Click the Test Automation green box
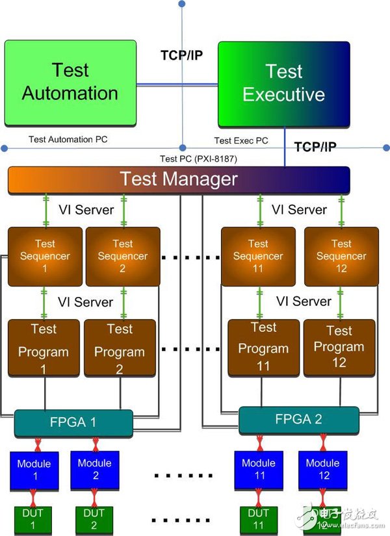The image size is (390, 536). point(70,83)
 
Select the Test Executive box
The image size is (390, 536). point(284,84)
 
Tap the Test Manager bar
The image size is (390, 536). point(179,180)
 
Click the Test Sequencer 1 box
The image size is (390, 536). point(45,257)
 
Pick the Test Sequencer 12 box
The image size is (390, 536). point(341,257)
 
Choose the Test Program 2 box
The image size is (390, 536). point(120,348)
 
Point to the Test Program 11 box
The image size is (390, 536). point(263,348)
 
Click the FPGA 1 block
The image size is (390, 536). point(73,423)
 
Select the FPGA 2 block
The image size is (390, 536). point(298,420)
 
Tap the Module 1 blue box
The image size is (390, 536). point(34,471)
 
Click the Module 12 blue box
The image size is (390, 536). point(323,470)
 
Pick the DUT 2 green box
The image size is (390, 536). point(94,520)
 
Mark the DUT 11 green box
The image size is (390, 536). point(258,520)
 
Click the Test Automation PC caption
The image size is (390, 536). point(68,140)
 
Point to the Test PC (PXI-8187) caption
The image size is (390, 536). point(198,159)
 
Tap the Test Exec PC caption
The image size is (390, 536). point(241,140)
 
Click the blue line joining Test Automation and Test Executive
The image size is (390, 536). point(177,84)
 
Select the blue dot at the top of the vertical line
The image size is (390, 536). point(182,4)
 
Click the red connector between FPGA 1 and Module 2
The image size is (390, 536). point(96,444)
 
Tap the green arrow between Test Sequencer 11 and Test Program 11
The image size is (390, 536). point(259,303)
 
